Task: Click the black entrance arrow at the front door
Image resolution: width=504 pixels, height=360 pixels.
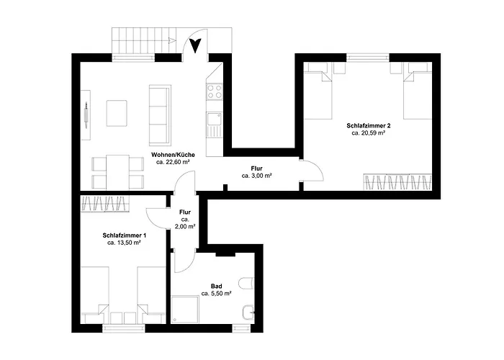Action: (x=195, y=45)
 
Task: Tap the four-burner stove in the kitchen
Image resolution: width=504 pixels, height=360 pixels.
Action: (x=215, y=91)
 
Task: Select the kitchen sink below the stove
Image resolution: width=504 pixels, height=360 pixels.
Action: (x=214, y=119)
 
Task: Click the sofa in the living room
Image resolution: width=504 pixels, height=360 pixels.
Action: (x=160, y=114)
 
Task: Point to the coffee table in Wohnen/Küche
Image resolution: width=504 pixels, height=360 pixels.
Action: (x=117, y=113)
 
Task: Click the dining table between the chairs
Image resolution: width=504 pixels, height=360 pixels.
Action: (x=117, y=172)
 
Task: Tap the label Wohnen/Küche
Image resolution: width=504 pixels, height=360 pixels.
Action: (x=173, y=155)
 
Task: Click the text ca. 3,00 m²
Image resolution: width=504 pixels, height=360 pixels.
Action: (x=257, y=176)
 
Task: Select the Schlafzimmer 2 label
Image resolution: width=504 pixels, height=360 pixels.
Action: (x=369, y=125)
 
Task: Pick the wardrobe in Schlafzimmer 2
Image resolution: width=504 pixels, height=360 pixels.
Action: (x=397, y=182)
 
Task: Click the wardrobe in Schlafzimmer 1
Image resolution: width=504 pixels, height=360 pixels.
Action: (x=105, y=204)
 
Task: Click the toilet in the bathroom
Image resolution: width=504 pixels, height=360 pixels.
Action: (x=246, y=283)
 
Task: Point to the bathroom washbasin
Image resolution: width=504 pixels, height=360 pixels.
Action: (x=248, y=312)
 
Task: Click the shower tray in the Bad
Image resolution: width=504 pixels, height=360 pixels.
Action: (x=185, y=310)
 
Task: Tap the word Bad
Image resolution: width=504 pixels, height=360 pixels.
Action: (x=216, y=286)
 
